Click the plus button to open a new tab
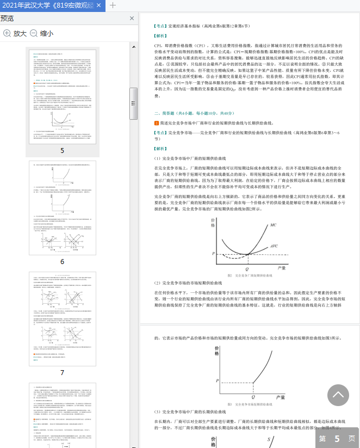coord(113,5)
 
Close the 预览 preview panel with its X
coord(132,19)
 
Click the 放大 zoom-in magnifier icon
coord(7,33)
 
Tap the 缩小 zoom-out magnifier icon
coord(34,33)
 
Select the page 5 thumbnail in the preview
coord(62,96)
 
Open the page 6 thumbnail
coord(62,207)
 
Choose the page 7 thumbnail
coord(62,319)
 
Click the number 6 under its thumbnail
coord(62,262)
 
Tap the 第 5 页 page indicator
coord(337,438)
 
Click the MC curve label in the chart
coord(274,225)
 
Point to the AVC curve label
coord(275,246)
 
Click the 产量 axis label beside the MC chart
coord(281,268)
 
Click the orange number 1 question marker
coord(157,124)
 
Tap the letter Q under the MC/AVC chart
coord(247,269)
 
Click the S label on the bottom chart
coord(268,439)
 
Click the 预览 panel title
coord(8,19)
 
